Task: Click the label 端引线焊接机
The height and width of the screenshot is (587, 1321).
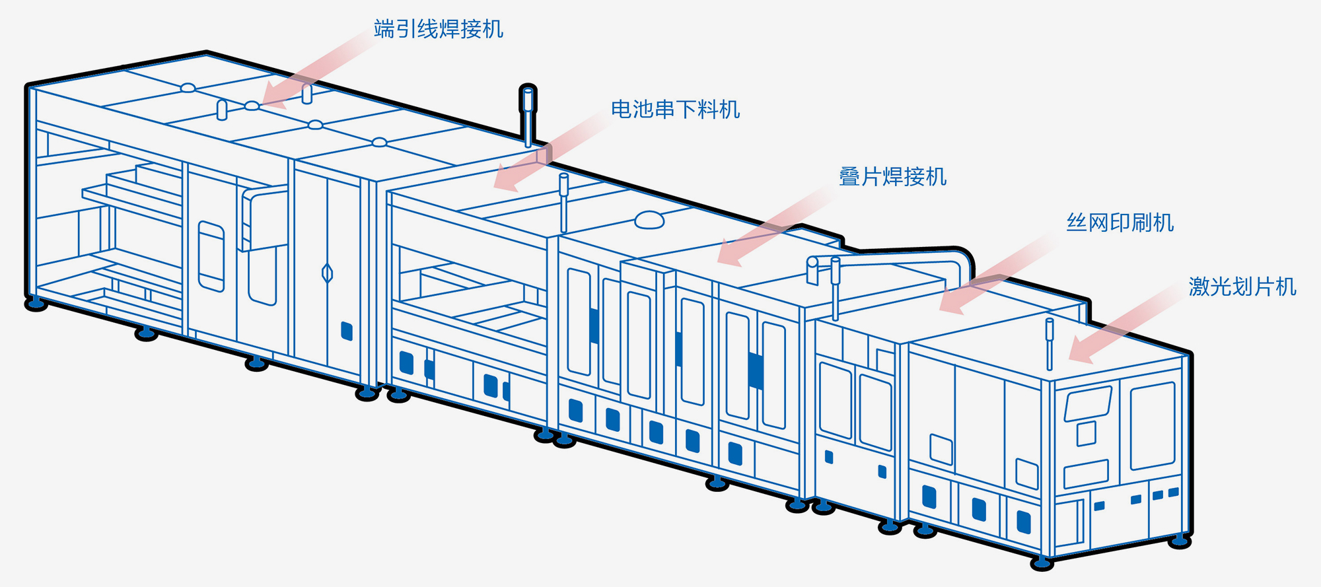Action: [x=438, y=29]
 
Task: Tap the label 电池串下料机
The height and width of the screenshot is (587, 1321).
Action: [x=674, y=109]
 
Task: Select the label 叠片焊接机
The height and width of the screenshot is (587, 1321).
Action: [x=892, y=177]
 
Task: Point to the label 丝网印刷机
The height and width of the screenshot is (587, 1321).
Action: [x=1120, y=223]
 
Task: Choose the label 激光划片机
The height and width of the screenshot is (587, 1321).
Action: [x=1242, y=287]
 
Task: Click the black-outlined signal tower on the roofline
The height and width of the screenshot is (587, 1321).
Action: [x=528, y=112]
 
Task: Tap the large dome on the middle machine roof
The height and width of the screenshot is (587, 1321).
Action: [x=649, y=219]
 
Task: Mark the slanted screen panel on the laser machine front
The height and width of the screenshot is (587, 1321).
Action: [x=1087, y=403]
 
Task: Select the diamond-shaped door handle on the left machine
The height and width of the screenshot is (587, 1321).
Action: [x=327, y=273]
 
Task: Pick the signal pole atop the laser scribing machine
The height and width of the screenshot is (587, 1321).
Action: [x=1049, y=342]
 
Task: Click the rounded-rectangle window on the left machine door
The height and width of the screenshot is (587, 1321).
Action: [x=211, y=256]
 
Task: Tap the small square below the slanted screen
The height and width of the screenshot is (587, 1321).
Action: [x=1086, y=434]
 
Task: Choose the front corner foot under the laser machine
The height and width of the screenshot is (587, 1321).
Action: [x=1042, y=563]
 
